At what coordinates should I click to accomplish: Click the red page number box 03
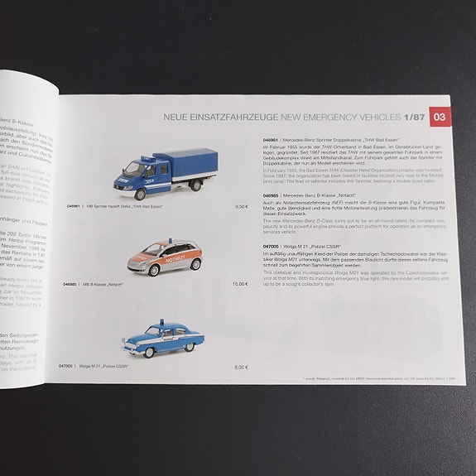[440, 117]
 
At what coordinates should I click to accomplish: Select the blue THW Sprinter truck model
[166, 175]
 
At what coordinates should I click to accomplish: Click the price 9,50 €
[242, 205]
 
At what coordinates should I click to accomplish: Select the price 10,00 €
[240, 284]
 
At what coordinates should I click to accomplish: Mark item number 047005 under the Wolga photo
[66, 366]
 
